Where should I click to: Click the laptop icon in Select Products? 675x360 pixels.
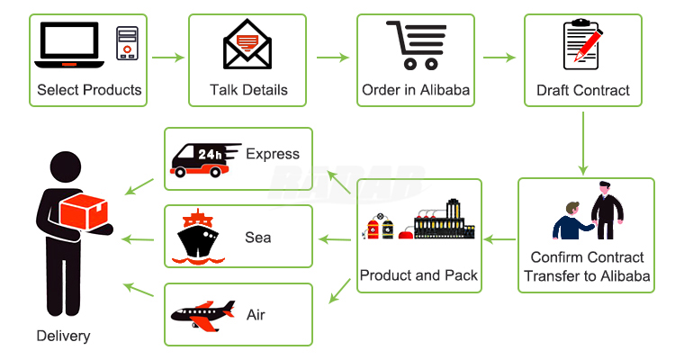click(x=69, y=45)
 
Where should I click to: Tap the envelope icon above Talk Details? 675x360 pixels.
click(x=248, y=43)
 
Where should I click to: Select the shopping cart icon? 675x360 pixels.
click(x=416, y=44)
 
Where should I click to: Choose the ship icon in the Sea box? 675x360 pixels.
click(x=198, y=236)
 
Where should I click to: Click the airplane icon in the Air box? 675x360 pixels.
click(x=202, y=315)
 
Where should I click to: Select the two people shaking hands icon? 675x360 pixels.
click(x=589, y=215)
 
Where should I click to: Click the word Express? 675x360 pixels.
click(x=272, y=154)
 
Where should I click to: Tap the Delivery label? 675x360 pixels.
click(x=63, y=336)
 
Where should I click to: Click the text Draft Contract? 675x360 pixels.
click(x=582, y=90)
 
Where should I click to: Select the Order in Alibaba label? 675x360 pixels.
click(x=416, y=90)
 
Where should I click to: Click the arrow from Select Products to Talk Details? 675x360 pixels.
click(x=167, y=58)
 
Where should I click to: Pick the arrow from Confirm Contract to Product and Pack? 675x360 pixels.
click(x=499, y=238)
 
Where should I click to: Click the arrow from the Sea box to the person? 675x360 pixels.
click(x=137, y=238)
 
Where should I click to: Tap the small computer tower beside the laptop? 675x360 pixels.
click(x=127, y=43)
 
